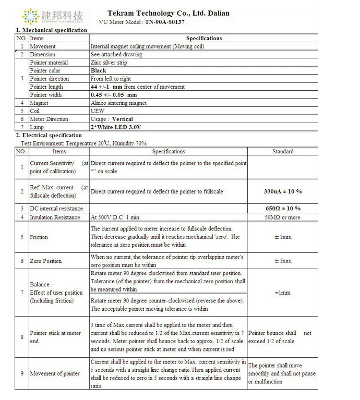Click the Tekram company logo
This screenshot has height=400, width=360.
tap(53, 16)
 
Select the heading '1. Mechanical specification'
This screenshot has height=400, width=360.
tap(51, 30)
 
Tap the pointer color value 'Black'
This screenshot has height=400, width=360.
tap(98, 70)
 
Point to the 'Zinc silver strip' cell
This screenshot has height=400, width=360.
tap(109, 63)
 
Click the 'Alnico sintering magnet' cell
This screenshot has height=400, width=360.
tap(119, 103)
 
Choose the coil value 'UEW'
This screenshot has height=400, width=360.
tap(98, 111)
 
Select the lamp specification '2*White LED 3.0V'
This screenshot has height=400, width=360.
tap(116, 127)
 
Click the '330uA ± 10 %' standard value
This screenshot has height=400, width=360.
tap(283, 191)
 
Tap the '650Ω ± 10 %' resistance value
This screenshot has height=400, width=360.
tap(283, 209)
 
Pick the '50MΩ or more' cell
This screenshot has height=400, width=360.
tap(283, 217)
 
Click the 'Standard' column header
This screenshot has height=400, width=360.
tap(283, 152)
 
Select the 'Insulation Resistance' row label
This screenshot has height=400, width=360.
tap(55, 217)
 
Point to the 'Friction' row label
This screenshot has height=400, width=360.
tap(39, 237)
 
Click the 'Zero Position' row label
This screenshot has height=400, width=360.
tap(45, 261)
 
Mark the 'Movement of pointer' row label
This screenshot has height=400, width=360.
tap(55, 373)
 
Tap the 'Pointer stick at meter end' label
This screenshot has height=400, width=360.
tap(55, 337)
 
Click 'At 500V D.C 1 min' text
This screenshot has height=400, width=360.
tap(115, 217)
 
